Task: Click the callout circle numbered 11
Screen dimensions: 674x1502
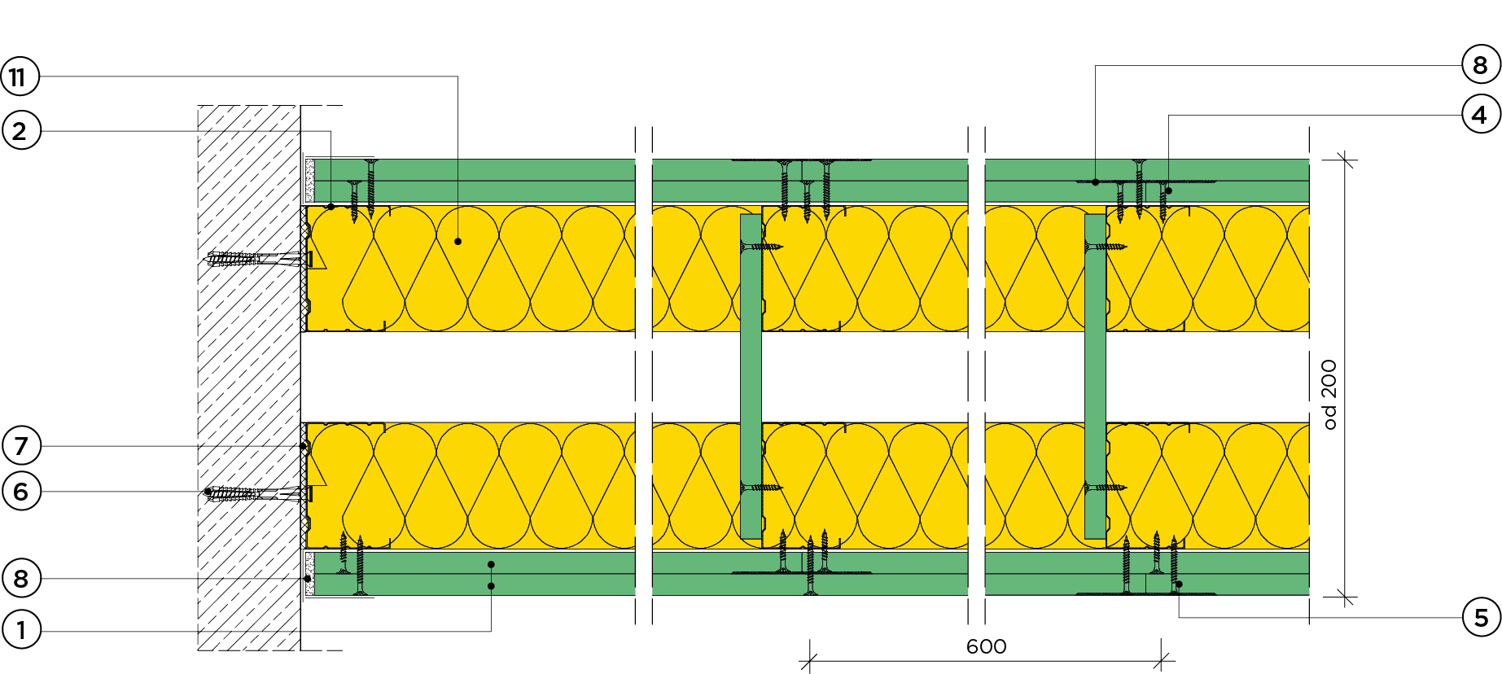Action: (20, 77)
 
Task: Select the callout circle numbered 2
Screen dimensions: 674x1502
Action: (20, 131)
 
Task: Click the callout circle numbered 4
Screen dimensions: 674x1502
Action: (1480, 115)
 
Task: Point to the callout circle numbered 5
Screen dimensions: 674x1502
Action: (1480, 618)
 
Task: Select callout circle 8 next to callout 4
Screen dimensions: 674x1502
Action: (1480, 65)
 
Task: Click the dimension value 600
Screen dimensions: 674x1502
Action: (986, 646)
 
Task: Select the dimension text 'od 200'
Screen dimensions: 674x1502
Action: (1329, 394)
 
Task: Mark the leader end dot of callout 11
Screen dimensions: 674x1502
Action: (458, 242)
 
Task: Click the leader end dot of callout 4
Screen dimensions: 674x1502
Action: (1168, 190)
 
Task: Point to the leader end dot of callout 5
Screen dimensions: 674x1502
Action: (1179, 584)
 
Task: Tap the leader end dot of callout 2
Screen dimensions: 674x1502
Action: (331, 207)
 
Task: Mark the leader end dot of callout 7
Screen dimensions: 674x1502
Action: (304, 446)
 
